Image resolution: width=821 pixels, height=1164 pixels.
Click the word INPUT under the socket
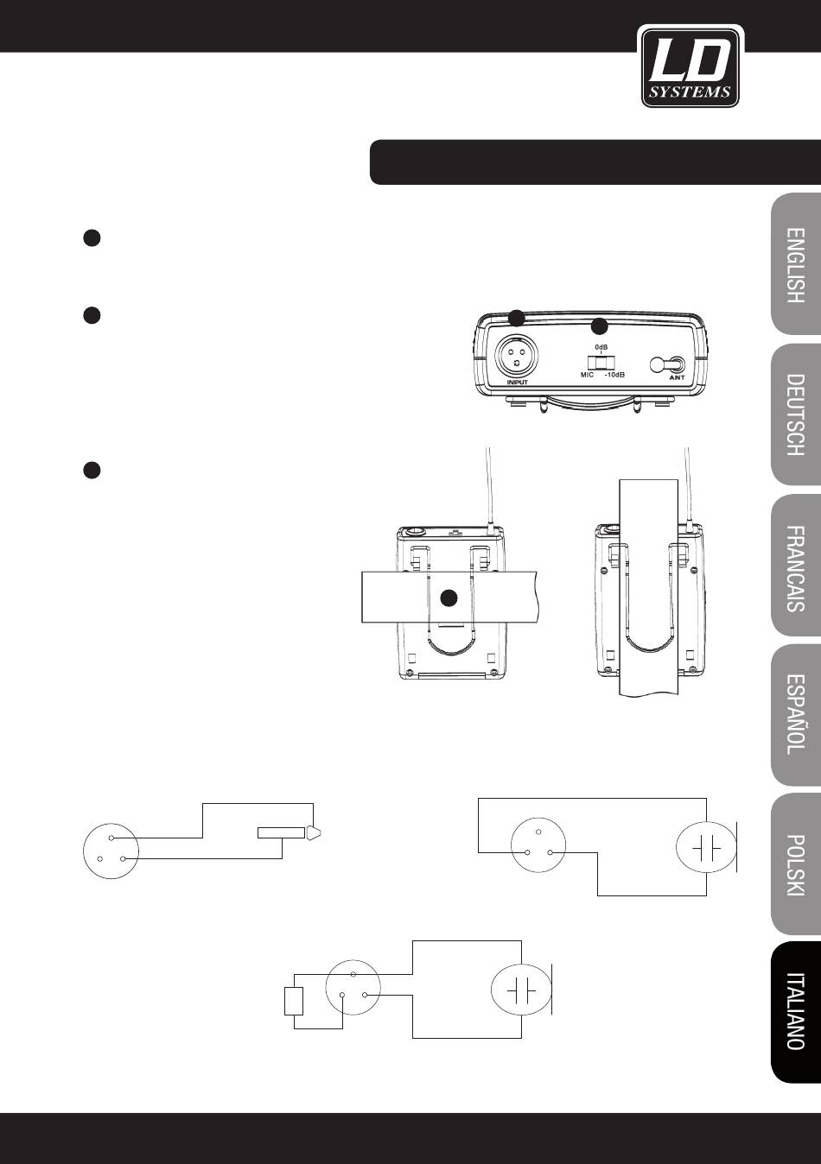(517, 382)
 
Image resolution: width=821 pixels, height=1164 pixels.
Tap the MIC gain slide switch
(602, 362)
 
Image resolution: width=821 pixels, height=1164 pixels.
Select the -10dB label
(614, 375)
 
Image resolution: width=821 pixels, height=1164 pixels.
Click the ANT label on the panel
(677, 378)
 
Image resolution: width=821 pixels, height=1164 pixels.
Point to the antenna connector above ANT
(671, 364)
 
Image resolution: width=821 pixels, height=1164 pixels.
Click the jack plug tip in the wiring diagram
(312, 832)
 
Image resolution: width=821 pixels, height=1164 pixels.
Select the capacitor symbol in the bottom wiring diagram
(520, 991)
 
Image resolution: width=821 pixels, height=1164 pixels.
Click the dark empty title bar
(595, 162)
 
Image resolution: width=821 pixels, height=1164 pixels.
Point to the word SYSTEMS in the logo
(691, 92)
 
